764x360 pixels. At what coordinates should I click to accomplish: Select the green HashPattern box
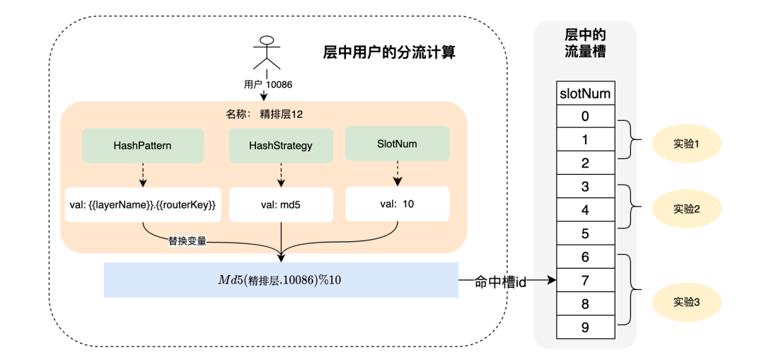143,145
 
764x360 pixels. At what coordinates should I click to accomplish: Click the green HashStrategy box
281,145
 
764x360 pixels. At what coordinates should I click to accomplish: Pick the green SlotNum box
397,143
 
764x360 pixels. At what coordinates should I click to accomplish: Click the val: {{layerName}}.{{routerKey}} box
143,205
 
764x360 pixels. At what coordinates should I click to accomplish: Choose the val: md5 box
281,205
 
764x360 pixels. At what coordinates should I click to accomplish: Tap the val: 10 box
397,204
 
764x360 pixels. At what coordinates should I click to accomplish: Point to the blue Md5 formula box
281,279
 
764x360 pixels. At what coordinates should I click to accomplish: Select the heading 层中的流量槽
584,43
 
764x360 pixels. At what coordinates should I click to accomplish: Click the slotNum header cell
584,93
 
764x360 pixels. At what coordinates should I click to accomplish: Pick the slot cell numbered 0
584,116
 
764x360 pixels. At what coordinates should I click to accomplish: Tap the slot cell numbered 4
584,210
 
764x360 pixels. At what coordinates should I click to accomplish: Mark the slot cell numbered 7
584,280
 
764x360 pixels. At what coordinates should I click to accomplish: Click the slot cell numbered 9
584,327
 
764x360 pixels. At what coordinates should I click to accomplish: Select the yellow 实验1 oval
686,144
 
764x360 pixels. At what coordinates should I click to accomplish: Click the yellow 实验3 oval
686,302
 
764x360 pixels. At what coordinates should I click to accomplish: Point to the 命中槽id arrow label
501,281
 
